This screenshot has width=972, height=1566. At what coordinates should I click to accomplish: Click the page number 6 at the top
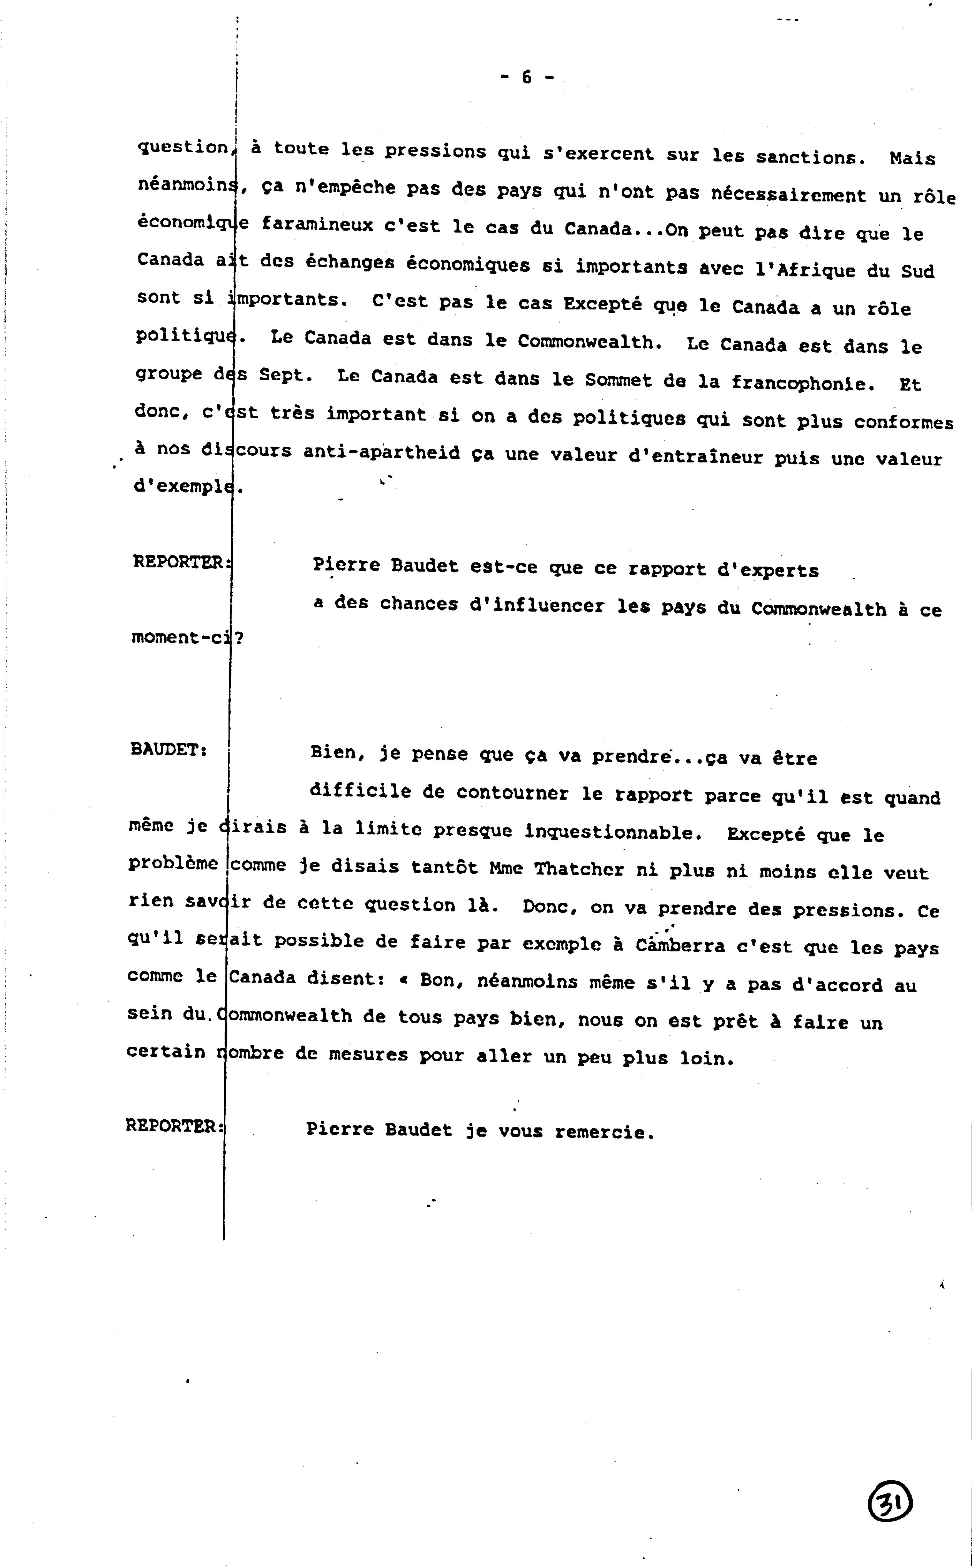pos(527,77)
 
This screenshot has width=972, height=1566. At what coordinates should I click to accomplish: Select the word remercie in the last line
pos(604,1132)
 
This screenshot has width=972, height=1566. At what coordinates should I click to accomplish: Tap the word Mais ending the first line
pos(912,158)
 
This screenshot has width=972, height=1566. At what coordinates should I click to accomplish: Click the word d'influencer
pos(537,606)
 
